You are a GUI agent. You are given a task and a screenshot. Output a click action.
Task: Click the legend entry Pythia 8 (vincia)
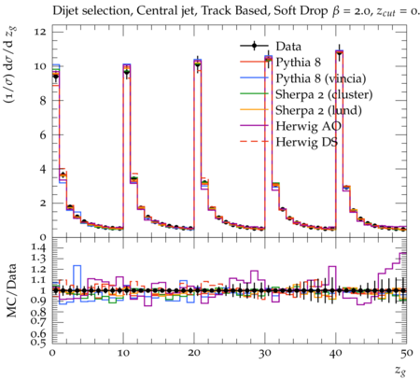click(321, 78)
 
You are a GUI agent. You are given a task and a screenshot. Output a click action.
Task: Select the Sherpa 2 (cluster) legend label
click(324, 94)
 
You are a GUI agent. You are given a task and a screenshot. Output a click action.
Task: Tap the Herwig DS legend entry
click(307, 142)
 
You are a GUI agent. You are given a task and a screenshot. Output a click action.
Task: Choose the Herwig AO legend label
click(308, 126)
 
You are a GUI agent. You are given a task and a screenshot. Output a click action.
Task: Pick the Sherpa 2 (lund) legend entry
click(318, 110)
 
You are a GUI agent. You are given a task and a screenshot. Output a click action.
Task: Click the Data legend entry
click(288, 47)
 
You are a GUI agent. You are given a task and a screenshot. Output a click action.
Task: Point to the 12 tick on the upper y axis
click(40, 32)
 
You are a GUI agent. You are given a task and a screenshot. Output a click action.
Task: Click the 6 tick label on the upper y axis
click(43, 134)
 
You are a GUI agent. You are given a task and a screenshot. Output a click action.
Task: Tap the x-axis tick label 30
click(265, 354)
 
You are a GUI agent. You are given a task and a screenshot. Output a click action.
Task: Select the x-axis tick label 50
click(407, 354)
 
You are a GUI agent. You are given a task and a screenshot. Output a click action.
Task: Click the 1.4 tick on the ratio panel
click(38, 248)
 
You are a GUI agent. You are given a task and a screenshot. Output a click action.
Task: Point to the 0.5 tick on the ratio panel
click(38, 343)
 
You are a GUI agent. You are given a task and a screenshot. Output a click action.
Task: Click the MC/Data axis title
click(11, 290)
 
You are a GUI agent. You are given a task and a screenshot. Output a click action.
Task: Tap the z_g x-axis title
click(400, 371)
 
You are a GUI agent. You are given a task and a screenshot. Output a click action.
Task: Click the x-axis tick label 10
click(123, 354)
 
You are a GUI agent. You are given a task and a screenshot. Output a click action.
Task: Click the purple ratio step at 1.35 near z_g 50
click(403, 253)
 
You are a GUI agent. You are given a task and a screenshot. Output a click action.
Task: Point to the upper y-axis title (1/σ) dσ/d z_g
click(10, 65)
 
